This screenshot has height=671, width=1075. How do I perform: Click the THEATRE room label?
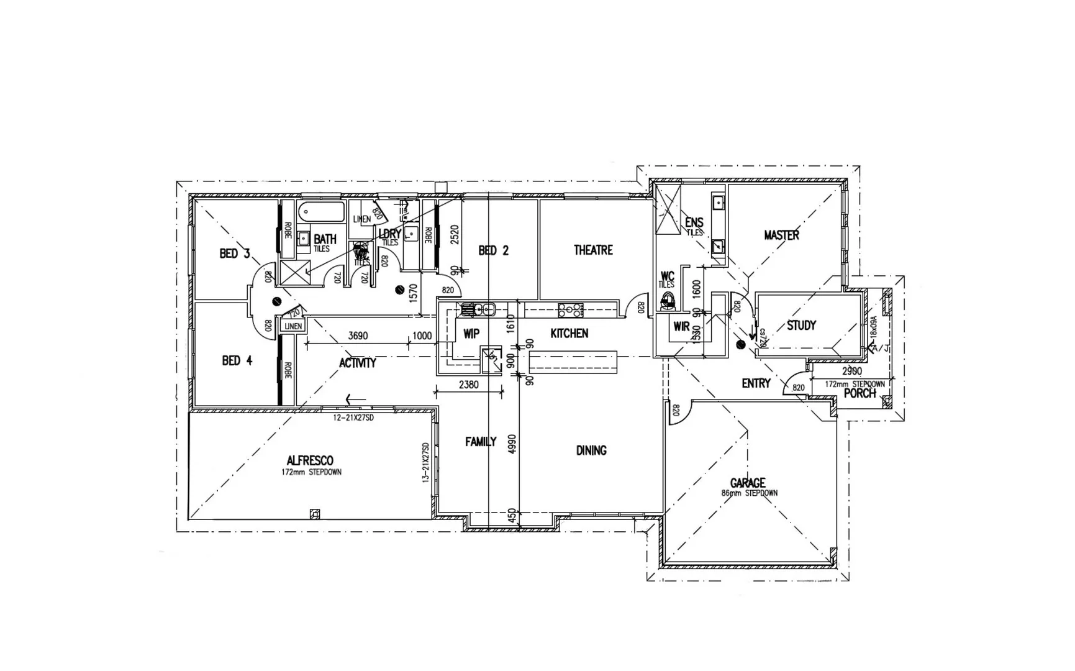pyautogui.click(x=592, y=250)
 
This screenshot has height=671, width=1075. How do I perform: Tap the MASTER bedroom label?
pyautogui.click(x=781, y=235)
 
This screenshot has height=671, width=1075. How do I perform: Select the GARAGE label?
pyautogui.click(x=747, y=482)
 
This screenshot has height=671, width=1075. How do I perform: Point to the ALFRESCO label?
pyautogui.click(x=310, y=460)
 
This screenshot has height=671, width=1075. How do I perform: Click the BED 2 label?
pyautogui.click(x=493, y=250)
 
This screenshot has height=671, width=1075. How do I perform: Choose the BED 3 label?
pyautogui.click(x=235, y=253)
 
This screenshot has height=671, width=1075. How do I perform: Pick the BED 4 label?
pyautogui.click(x=237, y=360)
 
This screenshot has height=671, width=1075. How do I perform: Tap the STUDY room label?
pyautogui.click(x=801, y=325)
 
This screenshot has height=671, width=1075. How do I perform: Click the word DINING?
pyautogui.click(x=591, y=450)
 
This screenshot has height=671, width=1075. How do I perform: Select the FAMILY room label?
pyautogui.click(x=481, y=442)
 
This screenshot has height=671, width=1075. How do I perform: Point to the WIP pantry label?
pyautogui.click(x=471, y=334)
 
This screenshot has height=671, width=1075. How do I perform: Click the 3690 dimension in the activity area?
pyautogui.click(x=358, y=335)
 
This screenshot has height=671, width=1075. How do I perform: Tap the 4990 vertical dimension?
pyautogui.click(x=512, y=445)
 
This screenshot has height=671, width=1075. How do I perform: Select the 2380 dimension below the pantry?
pyautogui.click(x=468, y=385)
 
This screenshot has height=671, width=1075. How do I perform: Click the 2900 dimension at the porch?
pyautogui.click(x=851, y=371)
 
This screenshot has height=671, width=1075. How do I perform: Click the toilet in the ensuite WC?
pyautogui.click(x=668, y=301)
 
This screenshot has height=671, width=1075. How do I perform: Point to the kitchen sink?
pyautogui.click(x=478, y=309)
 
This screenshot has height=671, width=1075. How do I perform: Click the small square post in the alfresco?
pyautogui.click(x=315, y=513)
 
